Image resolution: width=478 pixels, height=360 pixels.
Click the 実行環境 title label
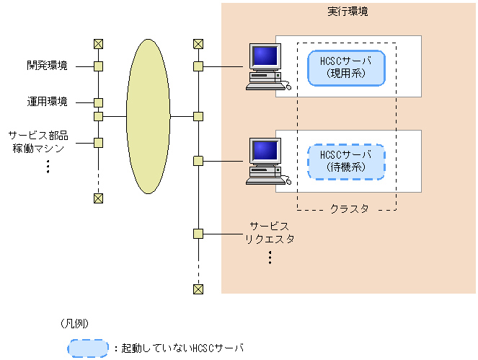pyautogui.click(x=348, y=13)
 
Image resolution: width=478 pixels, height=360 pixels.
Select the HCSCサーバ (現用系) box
pyautogui.click(x=347, y=67)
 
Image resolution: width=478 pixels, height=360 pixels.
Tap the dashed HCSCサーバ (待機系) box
pyautogui.click(x=347, y=161)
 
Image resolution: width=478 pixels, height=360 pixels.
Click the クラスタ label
pyautogui.click(x=349, y=208)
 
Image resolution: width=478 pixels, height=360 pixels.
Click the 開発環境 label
pyautogui.click(x=48, y=66)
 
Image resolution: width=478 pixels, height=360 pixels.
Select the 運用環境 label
pyautogui.click(x=48, y=102)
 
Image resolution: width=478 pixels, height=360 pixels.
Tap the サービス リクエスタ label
pyautogui.click(x=270, y=232)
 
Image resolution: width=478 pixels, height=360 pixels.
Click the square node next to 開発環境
pyautogui.click(x=99, y=66)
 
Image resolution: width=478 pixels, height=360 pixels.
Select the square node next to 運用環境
pyautogui.click(x=99, y=102)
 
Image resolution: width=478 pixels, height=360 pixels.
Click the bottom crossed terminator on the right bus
pyautogui.click(x=198, y=289)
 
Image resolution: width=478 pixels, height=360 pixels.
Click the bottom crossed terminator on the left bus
pyautogui.click(x=99, y=198)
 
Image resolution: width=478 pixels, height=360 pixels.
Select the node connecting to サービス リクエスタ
pyautogui.click(x=198, y=233)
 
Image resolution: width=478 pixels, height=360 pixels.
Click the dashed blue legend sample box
pyautogui.click(x=89, y=348)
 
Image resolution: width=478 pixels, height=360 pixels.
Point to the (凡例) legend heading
pyautogui.click(x=75, y=322)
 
